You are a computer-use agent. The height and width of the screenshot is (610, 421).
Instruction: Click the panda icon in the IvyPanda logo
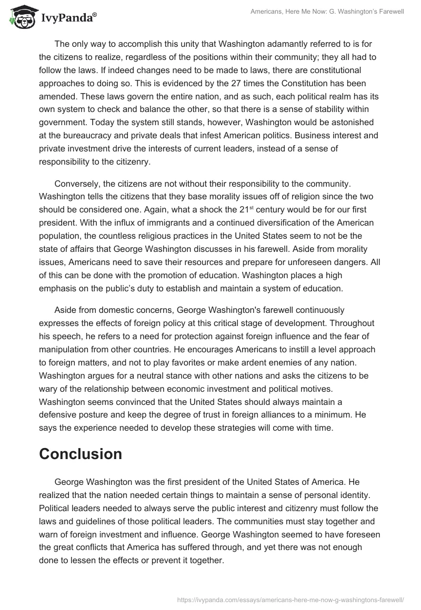point(21,17)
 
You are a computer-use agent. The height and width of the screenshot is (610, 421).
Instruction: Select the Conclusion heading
point(81,454)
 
